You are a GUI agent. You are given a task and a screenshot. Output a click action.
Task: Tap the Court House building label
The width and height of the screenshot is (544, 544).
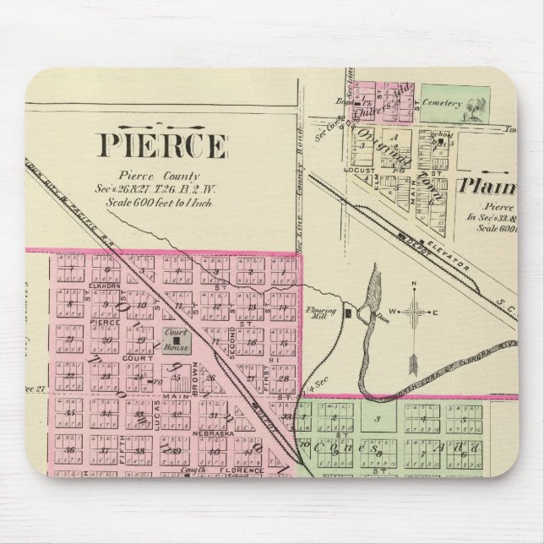[176, 335]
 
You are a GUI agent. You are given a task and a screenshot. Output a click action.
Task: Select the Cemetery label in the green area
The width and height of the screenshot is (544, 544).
[445, 104]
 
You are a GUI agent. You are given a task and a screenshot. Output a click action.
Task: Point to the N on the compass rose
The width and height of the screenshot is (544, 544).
[412, 284]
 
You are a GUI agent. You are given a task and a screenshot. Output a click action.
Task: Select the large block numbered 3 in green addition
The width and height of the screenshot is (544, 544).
[378, 418]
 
